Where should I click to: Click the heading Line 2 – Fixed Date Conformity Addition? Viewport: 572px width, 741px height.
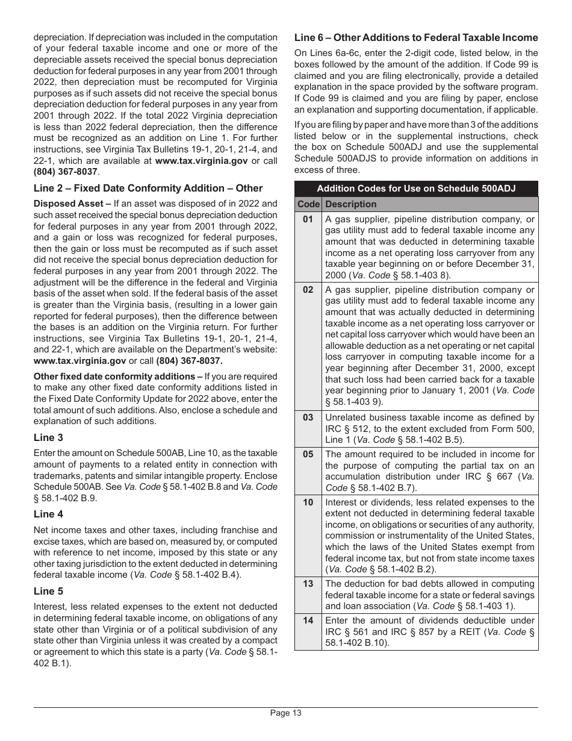click(148, 188)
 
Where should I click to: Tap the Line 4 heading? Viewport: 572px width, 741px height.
click(48, 514)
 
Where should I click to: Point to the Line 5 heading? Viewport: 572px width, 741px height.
click(48, 591)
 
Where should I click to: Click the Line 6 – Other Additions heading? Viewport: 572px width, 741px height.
click(416, 37)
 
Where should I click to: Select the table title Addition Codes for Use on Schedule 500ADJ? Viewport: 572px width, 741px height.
click(416, 189)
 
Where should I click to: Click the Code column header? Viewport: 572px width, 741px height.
click(308, 204)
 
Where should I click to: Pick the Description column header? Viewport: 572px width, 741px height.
click(350, 204)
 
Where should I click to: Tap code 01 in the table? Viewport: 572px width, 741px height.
click(308, 219)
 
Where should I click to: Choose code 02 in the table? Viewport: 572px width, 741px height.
click(308, 289)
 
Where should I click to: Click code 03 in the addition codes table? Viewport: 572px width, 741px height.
click(308, 417)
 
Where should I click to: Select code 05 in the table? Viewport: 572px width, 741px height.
click(308, 454)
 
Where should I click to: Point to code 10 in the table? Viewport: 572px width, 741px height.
click(308, 502)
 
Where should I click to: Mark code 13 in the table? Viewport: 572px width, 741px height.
click(308, 583)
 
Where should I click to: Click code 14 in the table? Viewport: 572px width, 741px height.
click(308, 620)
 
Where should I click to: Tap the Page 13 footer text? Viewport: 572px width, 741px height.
click(285, 713)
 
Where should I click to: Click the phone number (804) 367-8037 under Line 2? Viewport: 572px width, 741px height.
click(189, 361)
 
